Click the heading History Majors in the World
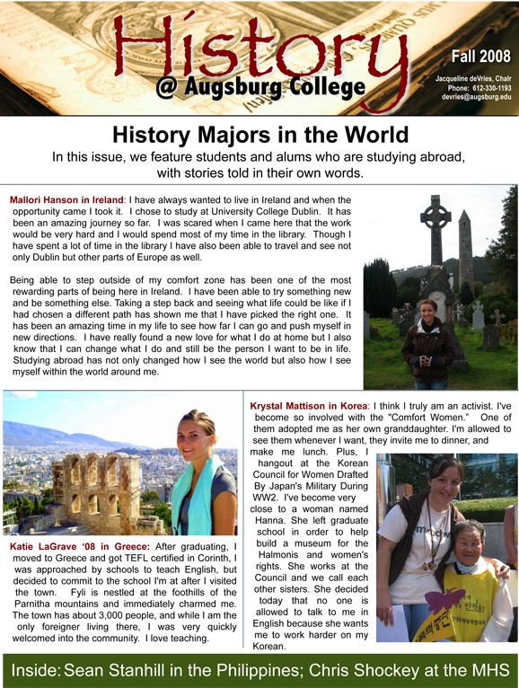[x=259, y=136]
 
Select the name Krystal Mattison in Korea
[x=309, y=406]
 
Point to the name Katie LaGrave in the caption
[x=50, y=546]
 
